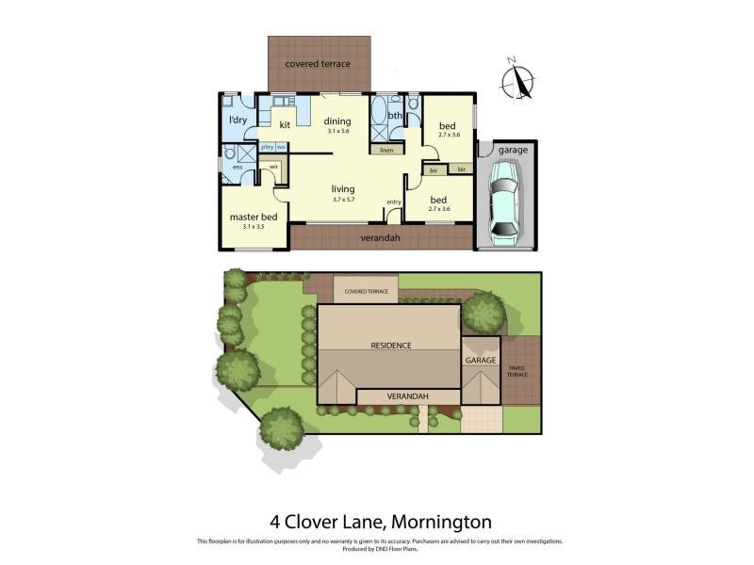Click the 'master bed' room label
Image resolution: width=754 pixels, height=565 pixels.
tap(253, 217)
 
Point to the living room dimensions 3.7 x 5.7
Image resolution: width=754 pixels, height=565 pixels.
tap(343, 199)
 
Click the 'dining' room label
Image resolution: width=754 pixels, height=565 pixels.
tap(337, 121)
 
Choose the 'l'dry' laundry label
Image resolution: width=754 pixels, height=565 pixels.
tap(238, 121)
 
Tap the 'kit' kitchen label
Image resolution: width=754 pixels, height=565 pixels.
tap(284, 124)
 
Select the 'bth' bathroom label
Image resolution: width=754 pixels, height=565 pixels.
tap(395, 116)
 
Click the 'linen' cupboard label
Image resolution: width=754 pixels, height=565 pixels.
tap(385, 150)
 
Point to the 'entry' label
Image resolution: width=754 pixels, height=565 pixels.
tap(394, 202)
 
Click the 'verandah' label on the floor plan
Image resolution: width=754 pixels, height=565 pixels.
tap(381, 238)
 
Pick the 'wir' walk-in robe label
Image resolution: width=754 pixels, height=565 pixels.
tap(274, 167)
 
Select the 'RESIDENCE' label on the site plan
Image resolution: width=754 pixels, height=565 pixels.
tap(390, 345)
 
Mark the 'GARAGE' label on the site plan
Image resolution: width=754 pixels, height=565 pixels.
tap(481, 360)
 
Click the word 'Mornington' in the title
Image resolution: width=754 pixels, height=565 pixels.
tap(442, 521)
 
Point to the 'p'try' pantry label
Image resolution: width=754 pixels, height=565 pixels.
tap(267, 147)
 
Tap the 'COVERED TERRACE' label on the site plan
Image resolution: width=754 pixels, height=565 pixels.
tap(366, 291)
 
